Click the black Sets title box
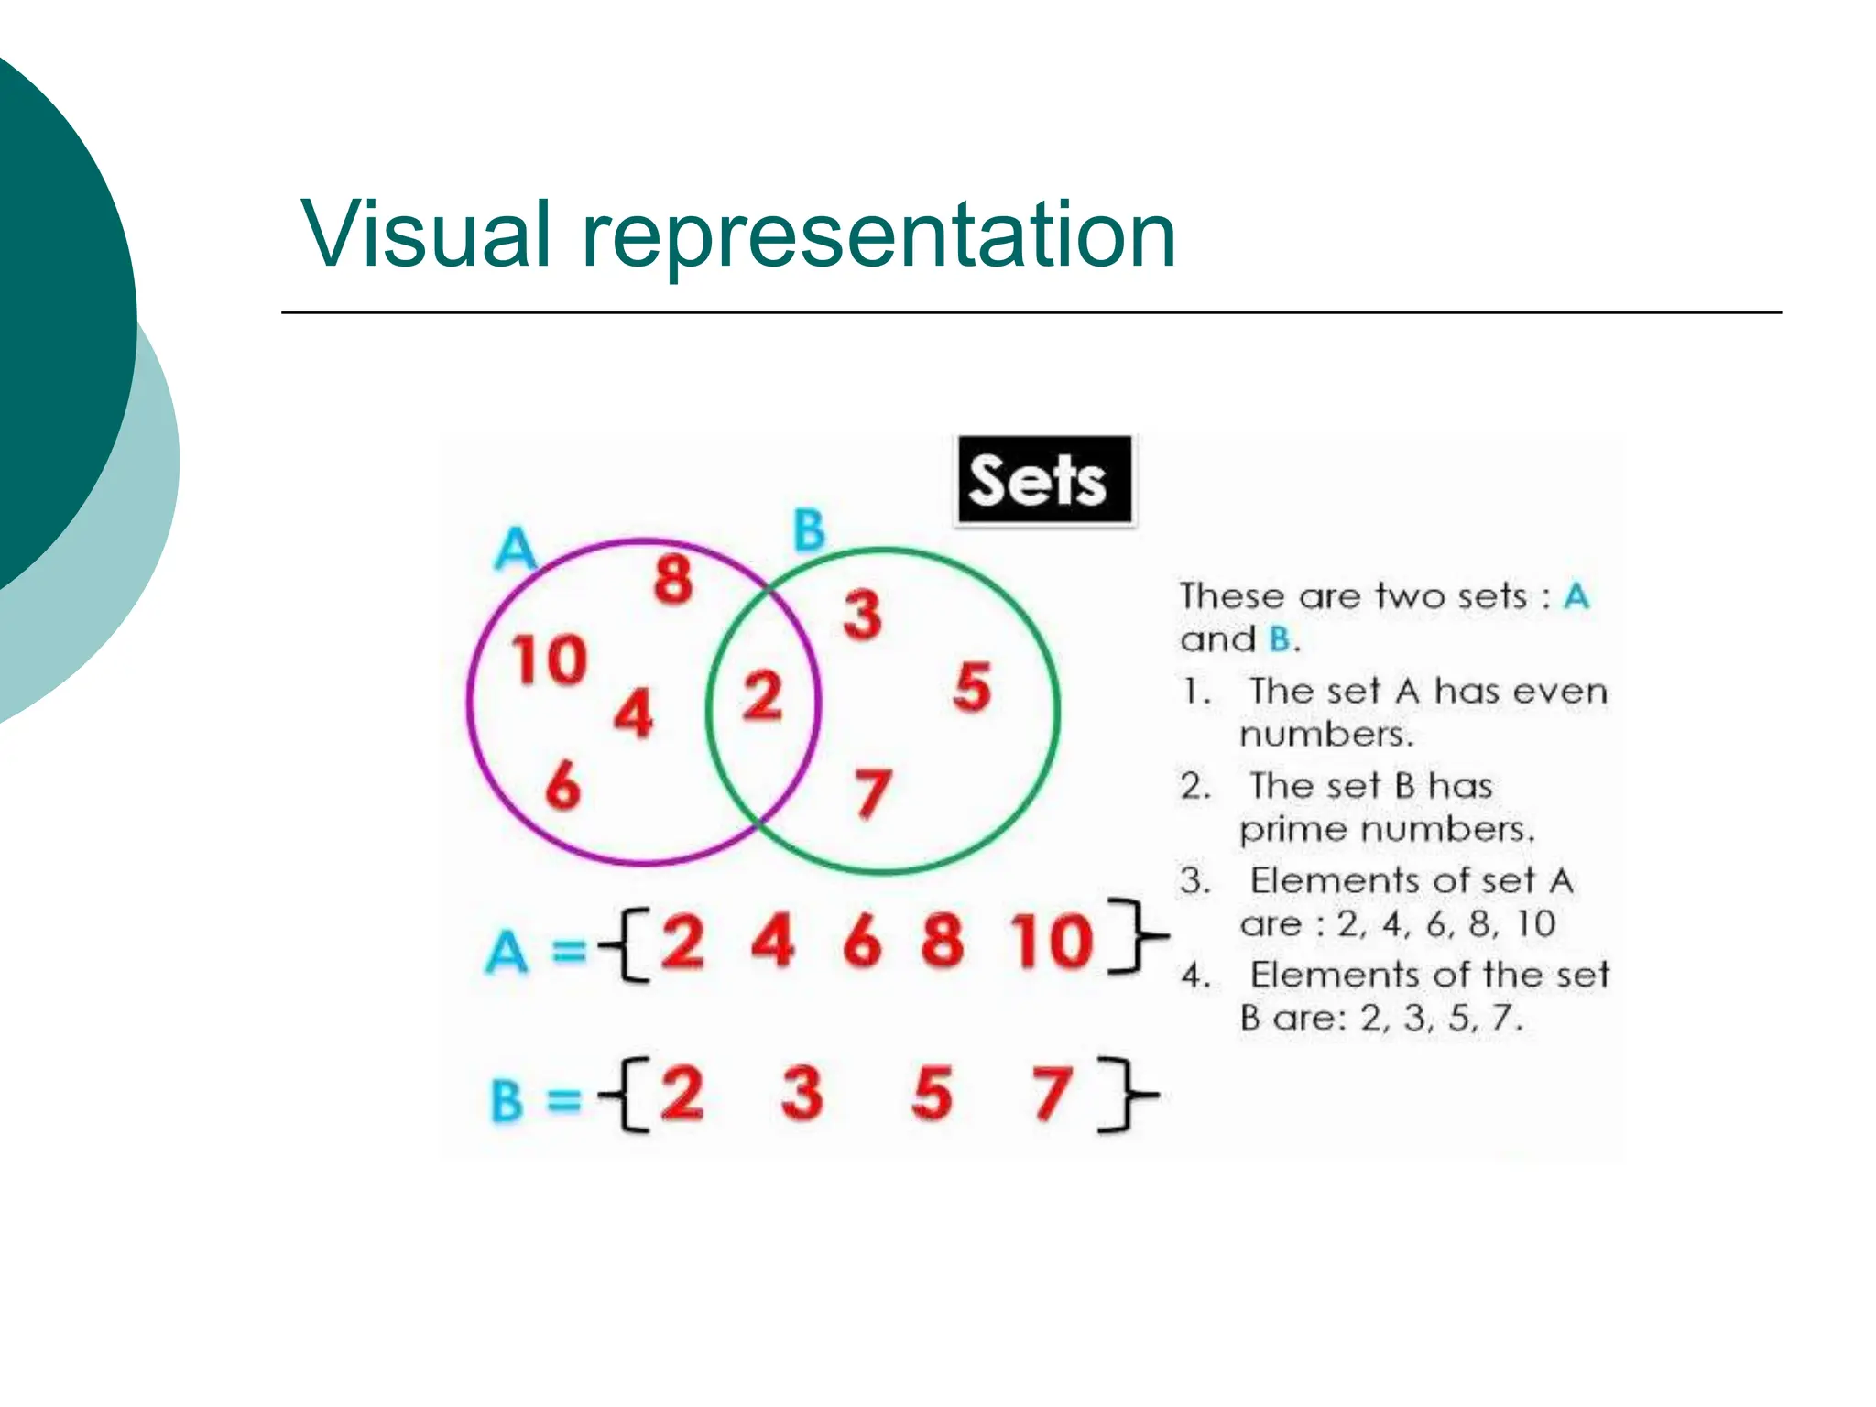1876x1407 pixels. (x=1044, y=480)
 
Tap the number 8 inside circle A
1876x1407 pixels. (x=673, y=580)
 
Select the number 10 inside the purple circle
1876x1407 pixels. (x=550, y=660)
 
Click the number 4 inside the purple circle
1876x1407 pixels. (x=634, y=714)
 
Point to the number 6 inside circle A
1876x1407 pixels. (x=562, y=786)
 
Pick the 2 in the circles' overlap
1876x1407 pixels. (x=762, y=696)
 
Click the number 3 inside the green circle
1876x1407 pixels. (x=863, y=615)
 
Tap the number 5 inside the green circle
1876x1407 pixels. (x=972, y=687)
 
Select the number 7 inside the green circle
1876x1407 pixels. (x=872, y=792)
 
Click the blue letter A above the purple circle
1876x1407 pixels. (x=515, y=550)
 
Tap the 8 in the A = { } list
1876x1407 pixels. (x=943, y=941)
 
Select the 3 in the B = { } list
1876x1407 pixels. (x=802, y=1093)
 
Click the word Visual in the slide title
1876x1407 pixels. (x=427, y=234)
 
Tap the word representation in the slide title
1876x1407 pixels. (x=879, y=236)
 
